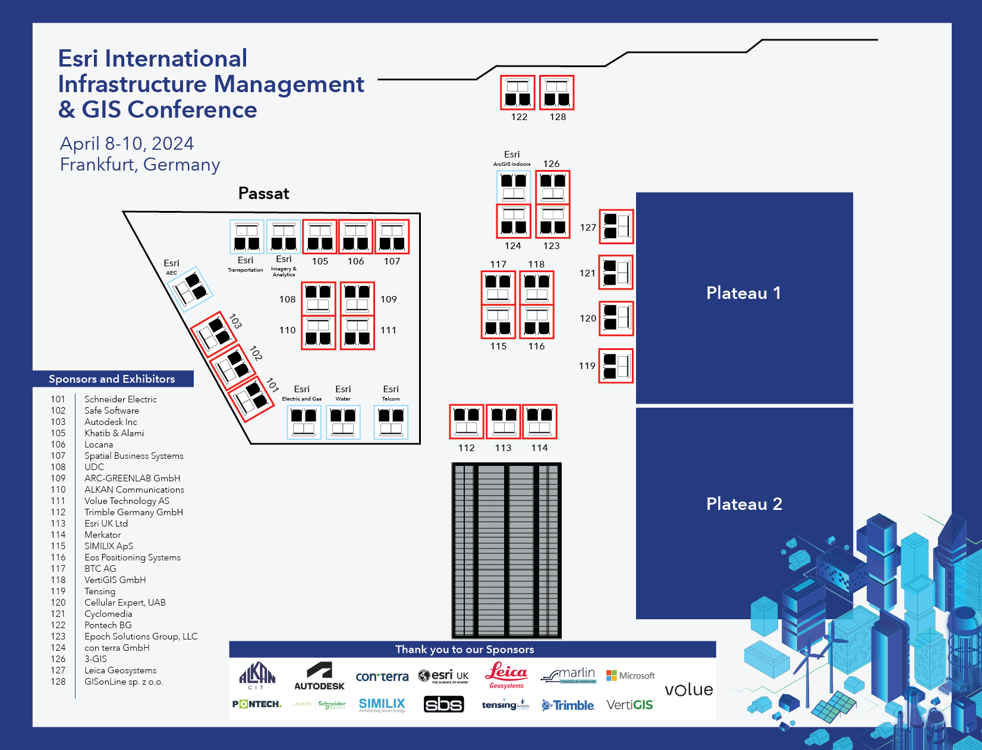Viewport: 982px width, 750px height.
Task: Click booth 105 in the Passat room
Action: pos(320,237)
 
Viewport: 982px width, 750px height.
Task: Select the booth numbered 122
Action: pos(517,93)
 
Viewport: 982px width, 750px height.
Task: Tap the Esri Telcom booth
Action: pos(391,422)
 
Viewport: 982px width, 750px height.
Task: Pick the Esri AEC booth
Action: pos(191,289)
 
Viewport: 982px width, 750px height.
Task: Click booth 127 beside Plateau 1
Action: pos(616,226)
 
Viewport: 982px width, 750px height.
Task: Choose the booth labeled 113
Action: pos(503,421)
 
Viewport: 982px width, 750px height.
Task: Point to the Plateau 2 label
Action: pos(744,504)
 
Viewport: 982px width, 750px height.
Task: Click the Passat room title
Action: pos(263,194)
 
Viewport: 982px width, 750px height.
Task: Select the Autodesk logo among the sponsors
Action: pos(319,676)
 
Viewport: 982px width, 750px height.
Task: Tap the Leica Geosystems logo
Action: pos(506,675)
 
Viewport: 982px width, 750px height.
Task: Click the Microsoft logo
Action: pos(631,676)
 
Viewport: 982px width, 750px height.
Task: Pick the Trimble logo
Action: pos(568,705)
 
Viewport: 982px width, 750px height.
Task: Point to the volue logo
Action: pos(688,689)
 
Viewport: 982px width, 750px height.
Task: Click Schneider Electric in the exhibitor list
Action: pos(121,399)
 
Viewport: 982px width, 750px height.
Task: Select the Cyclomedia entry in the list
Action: pos(108,614)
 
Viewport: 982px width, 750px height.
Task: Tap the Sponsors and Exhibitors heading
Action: pos(112,379)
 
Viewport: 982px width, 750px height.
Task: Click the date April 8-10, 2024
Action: pos(127,144)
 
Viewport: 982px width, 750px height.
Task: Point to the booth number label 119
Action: pos(587,366)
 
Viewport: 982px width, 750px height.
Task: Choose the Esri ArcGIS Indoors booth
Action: pos(514,187)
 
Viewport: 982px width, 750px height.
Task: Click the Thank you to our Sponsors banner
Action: pos(465,650)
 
